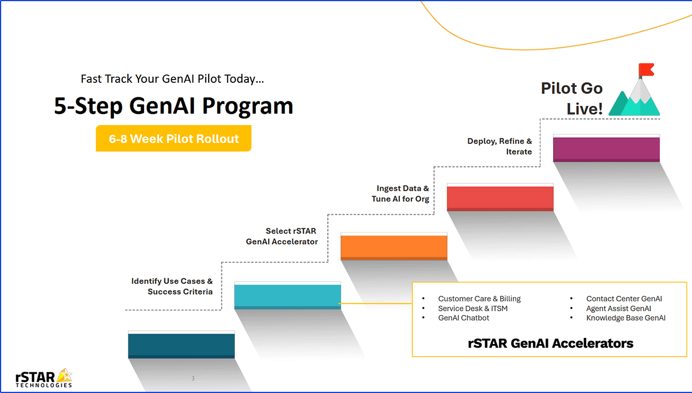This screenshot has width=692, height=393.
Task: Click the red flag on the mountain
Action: point(646,70)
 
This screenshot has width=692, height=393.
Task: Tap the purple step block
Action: point(606,149)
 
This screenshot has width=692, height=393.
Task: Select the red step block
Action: point(500,198)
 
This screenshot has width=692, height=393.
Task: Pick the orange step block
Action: point(394,247)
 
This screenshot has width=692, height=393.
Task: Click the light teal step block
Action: point(287,296)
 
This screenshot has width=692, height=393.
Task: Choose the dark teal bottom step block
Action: point(181,345)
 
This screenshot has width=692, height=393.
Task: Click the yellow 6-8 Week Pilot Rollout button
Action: point(174,138)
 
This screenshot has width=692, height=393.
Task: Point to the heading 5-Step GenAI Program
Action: point(174,106)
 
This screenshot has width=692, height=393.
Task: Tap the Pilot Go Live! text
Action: point(572,98)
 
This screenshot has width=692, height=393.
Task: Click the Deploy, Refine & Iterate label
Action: point(500,146)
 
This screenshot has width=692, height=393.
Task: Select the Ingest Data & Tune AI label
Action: point(401,193)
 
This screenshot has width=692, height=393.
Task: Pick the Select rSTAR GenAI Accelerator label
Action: point(282,236)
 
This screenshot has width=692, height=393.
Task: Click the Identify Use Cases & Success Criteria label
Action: point(172,286)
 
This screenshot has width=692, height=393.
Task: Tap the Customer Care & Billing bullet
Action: point(479,299)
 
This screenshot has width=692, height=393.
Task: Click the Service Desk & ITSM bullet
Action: point(472,309)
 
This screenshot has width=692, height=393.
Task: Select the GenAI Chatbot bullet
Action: point(463,318)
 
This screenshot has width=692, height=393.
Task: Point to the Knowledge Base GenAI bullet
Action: point(625,318)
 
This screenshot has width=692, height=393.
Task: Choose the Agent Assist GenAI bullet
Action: point(618,309)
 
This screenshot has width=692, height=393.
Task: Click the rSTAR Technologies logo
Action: point(44,377)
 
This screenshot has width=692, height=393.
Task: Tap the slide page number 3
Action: point(193,379)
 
